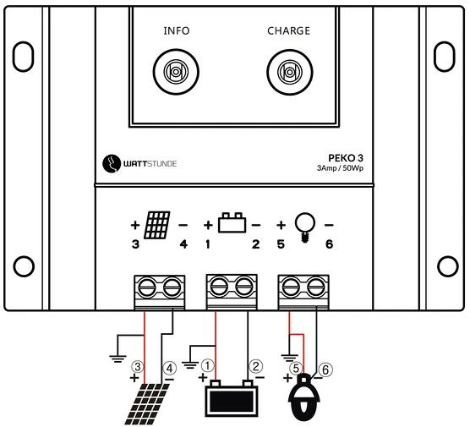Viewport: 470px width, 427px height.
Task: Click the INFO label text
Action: click(177, 31)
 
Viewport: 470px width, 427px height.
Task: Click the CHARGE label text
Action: click(288, 31)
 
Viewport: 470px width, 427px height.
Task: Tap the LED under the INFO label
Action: click(176, 72)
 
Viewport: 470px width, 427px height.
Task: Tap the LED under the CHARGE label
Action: click(290, 72)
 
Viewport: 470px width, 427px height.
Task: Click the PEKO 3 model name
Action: click(346, 158)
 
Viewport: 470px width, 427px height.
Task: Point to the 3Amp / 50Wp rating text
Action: click(340, 168)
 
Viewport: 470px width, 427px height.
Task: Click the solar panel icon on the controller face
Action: click(157, 225)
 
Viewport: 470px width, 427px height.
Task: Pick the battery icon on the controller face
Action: click(232, 222)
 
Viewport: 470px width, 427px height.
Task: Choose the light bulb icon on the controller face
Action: click(305, 227)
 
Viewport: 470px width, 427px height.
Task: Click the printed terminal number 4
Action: click(183, 244)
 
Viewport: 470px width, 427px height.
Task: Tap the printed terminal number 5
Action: click(281, 244)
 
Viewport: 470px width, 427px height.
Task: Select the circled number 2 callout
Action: click(255, 366)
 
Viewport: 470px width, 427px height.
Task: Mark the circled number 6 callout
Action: click(325, 370)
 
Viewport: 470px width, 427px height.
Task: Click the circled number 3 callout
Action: click(138, 367)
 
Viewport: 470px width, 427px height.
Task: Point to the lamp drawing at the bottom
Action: click(304, 397)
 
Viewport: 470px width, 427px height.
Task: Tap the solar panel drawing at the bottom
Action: click(147, 404)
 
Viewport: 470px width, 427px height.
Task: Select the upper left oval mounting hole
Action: click(23, 57)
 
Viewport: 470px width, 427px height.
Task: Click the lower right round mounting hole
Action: click(448, 266)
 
